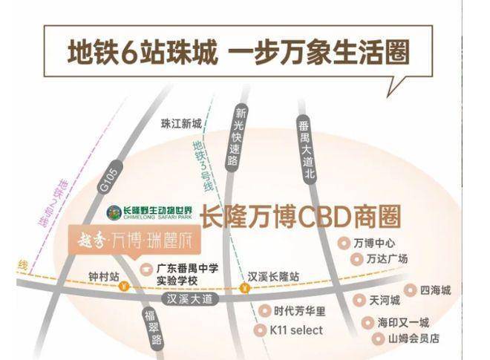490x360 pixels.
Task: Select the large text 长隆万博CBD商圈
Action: (301, 217)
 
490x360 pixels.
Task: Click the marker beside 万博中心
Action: (343, 243)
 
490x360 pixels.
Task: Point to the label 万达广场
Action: (387, 259)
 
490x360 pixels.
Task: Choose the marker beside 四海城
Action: (409, 290)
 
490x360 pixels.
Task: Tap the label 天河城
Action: (385, 301)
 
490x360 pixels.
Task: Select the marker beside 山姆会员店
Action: (378, 338)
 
